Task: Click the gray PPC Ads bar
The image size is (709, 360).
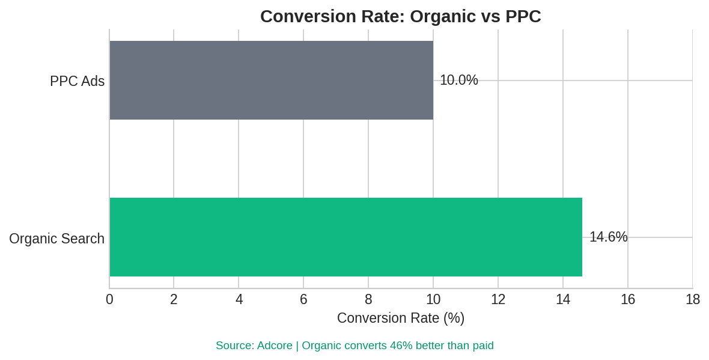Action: pyautogui.click(x=271, y=80)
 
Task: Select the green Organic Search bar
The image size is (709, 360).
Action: pyautogui.click(x=345, y=237)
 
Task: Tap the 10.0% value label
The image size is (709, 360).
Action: pyautogui.click(x=458, y=80)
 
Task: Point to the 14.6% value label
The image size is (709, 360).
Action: pyautogui.click(x=608, y=237)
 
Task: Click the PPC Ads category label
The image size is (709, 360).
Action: pyautogui.click(x=77, y=81)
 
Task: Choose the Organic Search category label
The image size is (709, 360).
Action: pyautogui.click(x=56, y=239)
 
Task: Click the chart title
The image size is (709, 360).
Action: pyautogui.click(x=400, y=16)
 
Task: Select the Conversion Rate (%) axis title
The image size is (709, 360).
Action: pyautogui.click(x=400, y=318)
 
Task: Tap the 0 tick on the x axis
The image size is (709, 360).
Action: pyautogui.click(x=109, y=299)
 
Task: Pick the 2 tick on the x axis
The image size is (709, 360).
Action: pyautogui.click(x=174, y=299)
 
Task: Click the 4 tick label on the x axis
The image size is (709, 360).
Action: pyautogui.click(x=239, y=299)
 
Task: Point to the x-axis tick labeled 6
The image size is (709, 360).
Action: pyautogui.click(x=303, y=299)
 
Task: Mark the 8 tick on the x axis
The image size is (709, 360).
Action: pyautogui.click(x=368, y=299)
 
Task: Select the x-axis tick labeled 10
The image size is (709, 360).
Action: pyautogui.click(x=433, y=299)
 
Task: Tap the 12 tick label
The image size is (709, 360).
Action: pyautogui.click(x=498, y=299)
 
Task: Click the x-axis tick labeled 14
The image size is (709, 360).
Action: pyautogui.click(x=563, y=299)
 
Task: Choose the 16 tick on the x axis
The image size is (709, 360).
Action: pyautogui.click(x=628, y=299)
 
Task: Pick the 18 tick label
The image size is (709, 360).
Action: pyautogui.click(x=693, y=299)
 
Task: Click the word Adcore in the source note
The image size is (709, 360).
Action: pyautogui.click(x=275, y=346)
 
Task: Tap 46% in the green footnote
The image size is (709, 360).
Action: pyautogui.click(x=401, y=346)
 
